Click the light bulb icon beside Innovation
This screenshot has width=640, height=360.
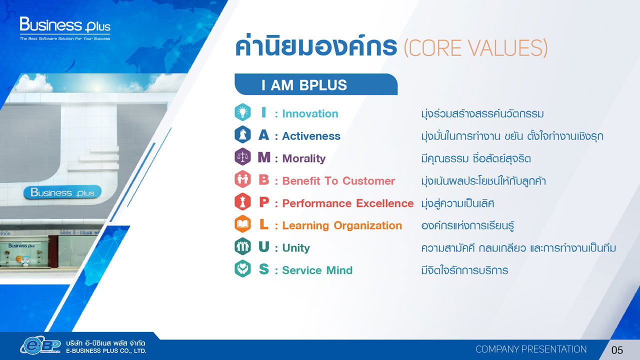[x=242, y=112]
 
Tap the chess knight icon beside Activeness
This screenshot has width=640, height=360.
[x=242, y=134]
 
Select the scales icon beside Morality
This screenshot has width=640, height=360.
[x=242, y=156]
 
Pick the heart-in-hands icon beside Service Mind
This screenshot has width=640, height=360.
[x=242, y=268]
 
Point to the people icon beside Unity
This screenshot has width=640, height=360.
[x=242, y=246]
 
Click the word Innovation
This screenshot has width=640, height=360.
[x=310, y=113]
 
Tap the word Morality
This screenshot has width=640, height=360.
[x=303, y=159]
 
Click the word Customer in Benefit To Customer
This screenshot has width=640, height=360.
[x=368, y=181]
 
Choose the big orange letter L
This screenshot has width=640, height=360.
[x=263, y=224]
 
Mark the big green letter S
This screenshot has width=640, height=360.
[x=263, y=269]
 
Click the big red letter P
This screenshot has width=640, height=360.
[x=264, y=202]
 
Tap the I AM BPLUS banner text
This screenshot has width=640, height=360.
[x=304, y=85]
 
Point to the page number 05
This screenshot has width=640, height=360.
[x=617, y=350]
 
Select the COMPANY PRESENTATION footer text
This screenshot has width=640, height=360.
[x=531, y=349]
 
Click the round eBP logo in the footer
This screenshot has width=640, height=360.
[x=40, y=345]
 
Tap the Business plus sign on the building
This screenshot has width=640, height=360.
[x=62, y=192]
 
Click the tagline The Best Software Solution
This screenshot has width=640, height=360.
[x=65, y=38]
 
